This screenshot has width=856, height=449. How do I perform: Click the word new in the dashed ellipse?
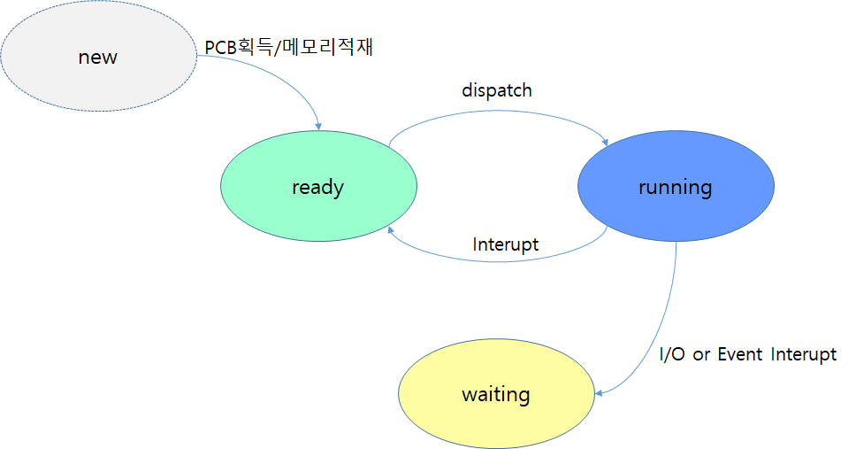click(x=98, y=58)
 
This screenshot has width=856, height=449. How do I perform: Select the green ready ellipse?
click(x=319, y=186)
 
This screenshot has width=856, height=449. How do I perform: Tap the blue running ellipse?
click(x=676, y=186)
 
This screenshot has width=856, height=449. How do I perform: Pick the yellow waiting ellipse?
click(x=496, y=393)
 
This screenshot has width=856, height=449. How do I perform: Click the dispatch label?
click(x=497, y=90)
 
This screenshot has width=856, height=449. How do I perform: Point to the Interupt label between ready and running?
click(x=506, y=244)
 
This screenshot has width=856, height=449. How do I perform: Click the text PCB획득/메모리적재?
click(x=289, y=47)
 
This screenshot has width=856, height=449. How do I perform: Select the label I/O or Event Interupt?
click(x=748, y=354)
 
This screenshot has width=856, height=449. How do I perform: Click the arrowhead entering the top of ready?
click(x=318, y=127)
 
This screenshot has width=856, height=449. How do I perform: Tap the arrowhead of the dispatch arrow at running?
click(x=605, y=143)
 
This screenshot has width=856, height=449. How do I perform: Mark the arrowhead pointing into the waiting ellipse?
click(x=599, y=393)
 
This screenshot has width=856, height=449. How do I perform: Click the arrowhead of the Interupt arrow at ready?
click(x=390, y=230)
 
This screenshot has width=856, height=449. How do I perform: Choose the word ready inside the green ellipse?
click(x=318, y=188)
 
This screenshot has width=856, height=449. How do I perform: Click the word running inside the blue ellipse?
click(x=676, y=188)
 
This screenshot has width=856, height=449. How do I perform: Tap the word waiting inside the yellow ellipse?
click(x=496, y=395)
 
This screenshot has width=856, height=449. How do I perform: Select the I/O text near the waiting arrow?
click(x=672, y=354)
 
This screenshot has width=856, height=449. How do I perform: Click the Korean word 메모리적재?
click(x=329, y=47)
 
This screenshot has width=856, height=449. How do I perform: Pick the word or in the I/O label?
click(x=701, y=356)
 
